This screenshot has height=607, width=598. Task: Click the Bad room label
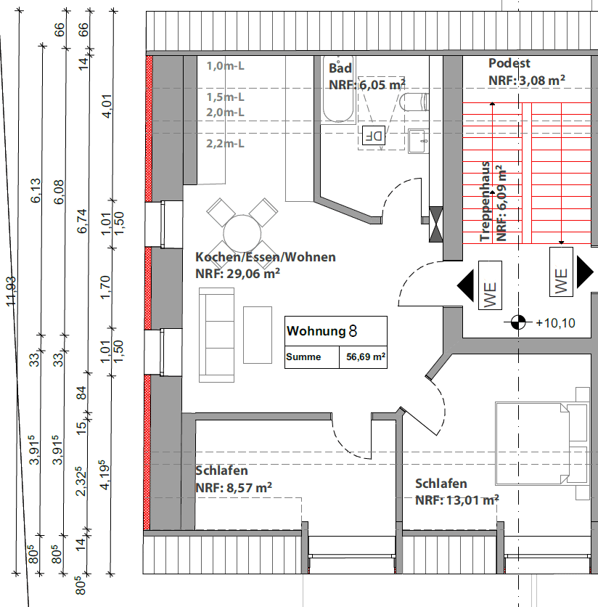coord(340,68)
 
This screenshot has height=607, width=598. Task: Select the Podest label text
coord(509,64)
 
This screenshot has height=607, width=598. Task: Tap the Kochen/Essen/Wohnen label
coord(265,257)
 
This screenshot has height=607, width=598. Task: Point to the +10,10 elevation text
coord(554,323)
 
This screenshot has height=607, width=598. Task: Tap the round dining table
coord(242,232)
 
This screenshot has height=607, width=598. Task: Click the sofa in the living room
coord(218,334)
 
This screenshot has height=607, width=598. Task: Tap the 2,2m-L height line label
coord(225,144)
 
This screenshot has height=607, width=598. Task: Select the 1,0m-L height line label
coord(225,67)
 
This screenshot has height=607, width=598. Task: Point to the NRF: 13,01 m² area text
coord(456,500)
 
